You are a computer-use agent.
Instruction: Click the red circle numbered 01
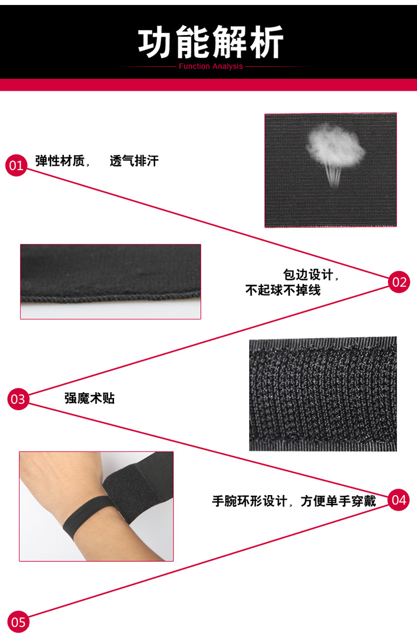(x=17, y=165)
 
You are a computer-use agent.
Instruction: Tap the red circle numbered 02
(x=399, y=282)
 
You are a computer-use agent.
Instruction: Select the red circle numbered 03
(x=18, y=398)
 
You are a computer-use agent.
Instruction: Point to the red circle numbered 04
(x=399, y=500)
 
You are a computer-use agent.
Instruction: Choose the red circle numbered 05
(x=18, y=622)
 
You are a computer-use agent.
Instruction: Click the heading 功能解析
(x=211, y=42)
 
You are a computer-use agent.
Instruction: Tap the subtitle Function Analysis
(x=211, y=67)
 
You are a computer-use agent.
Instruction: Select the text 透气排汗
(x=134, y=161)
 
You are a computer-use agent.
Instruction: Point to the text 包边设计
(x=308, y=275)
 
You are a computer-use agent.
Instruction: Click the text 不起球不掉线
(x=283, y=290)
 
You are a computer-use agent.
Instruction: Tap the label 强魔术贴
(x=90, y=398)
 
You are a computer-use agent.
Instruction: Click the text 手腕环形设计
(x=250, y=501)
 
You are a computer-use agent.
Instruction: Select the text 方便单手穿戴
(x=338, y=501)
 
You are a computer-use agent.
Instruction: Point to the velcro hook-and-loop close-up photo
(x=323, y=394)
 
